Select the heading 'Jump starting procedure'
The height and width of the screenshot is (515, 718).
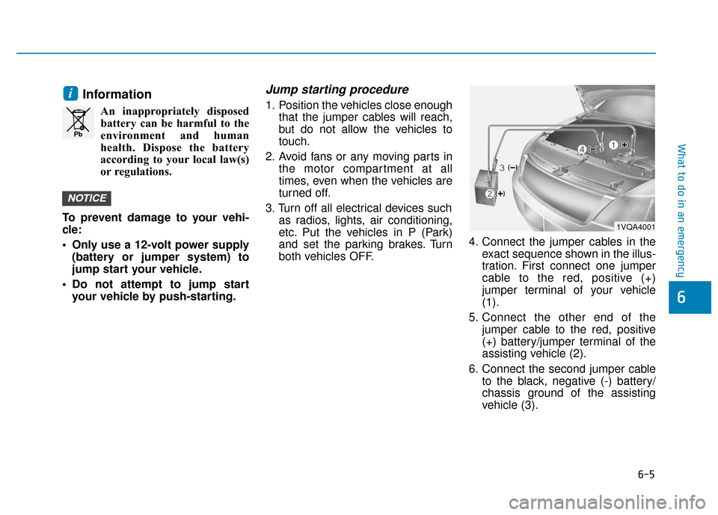tap(337, 89)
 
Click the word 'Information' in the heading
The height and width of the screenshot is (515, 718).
tap(117, 95)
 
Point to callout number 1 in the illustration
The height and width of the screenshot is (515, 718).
tap(612, 145)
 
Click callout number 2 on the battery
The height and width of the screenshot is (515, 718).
tap(490, 194)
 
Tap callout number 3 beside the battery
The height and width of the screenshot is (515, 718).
tap(503, 168)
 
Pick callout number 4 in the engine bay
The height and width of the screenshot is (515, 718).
tap(582, 149)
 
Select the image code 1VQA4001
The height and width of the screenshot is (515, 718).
tap(636, 225)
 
